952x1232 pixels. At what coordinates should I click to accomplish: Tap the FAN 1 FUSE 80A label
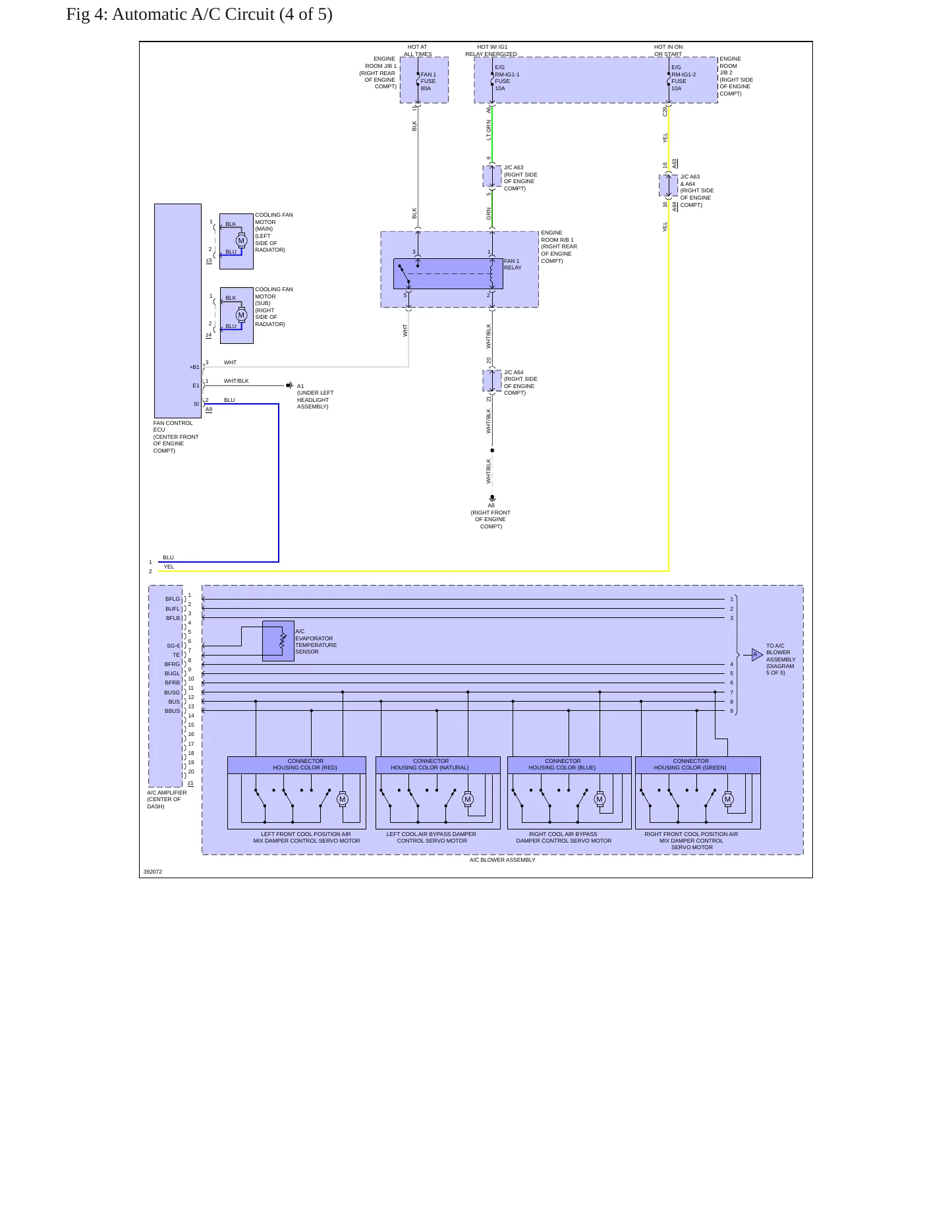428,81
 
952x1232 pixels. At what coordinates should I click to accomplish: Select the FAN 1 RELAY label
513,264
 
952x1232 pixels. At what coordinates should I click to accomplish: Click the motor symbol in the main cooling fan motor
241,240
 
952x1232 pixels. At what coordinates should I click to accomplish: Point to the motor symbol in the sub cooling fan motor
241,315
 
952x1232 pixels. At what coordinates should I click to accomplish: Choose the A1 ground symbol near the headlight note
289,385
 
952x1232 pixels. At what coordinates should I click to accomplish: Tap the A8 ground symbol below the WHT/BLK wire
492,498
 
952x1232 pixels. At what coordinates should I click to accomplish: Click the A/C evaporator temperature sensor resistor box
278,641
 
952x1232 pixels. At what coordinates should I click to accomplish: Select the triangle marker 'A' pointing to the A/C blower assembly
757,654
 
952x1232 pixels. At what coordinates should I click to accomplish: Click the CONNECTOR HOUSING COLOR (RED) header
296,765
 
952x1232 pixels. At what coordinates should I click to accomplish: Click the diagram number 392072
153,872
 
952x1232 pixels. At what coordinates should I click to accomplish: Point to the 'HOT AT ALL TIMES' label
418,51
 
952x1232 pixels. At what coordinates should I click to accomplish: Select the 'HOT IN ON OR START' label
668,51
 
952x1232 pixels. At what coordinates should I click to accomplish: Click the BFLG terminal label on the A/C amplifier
173,600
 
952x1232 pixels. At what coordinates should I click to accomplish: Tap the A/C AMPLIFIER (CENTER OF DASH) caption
167,799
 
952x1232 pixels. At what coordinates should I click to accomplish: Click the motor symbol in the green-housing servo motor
727,800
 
